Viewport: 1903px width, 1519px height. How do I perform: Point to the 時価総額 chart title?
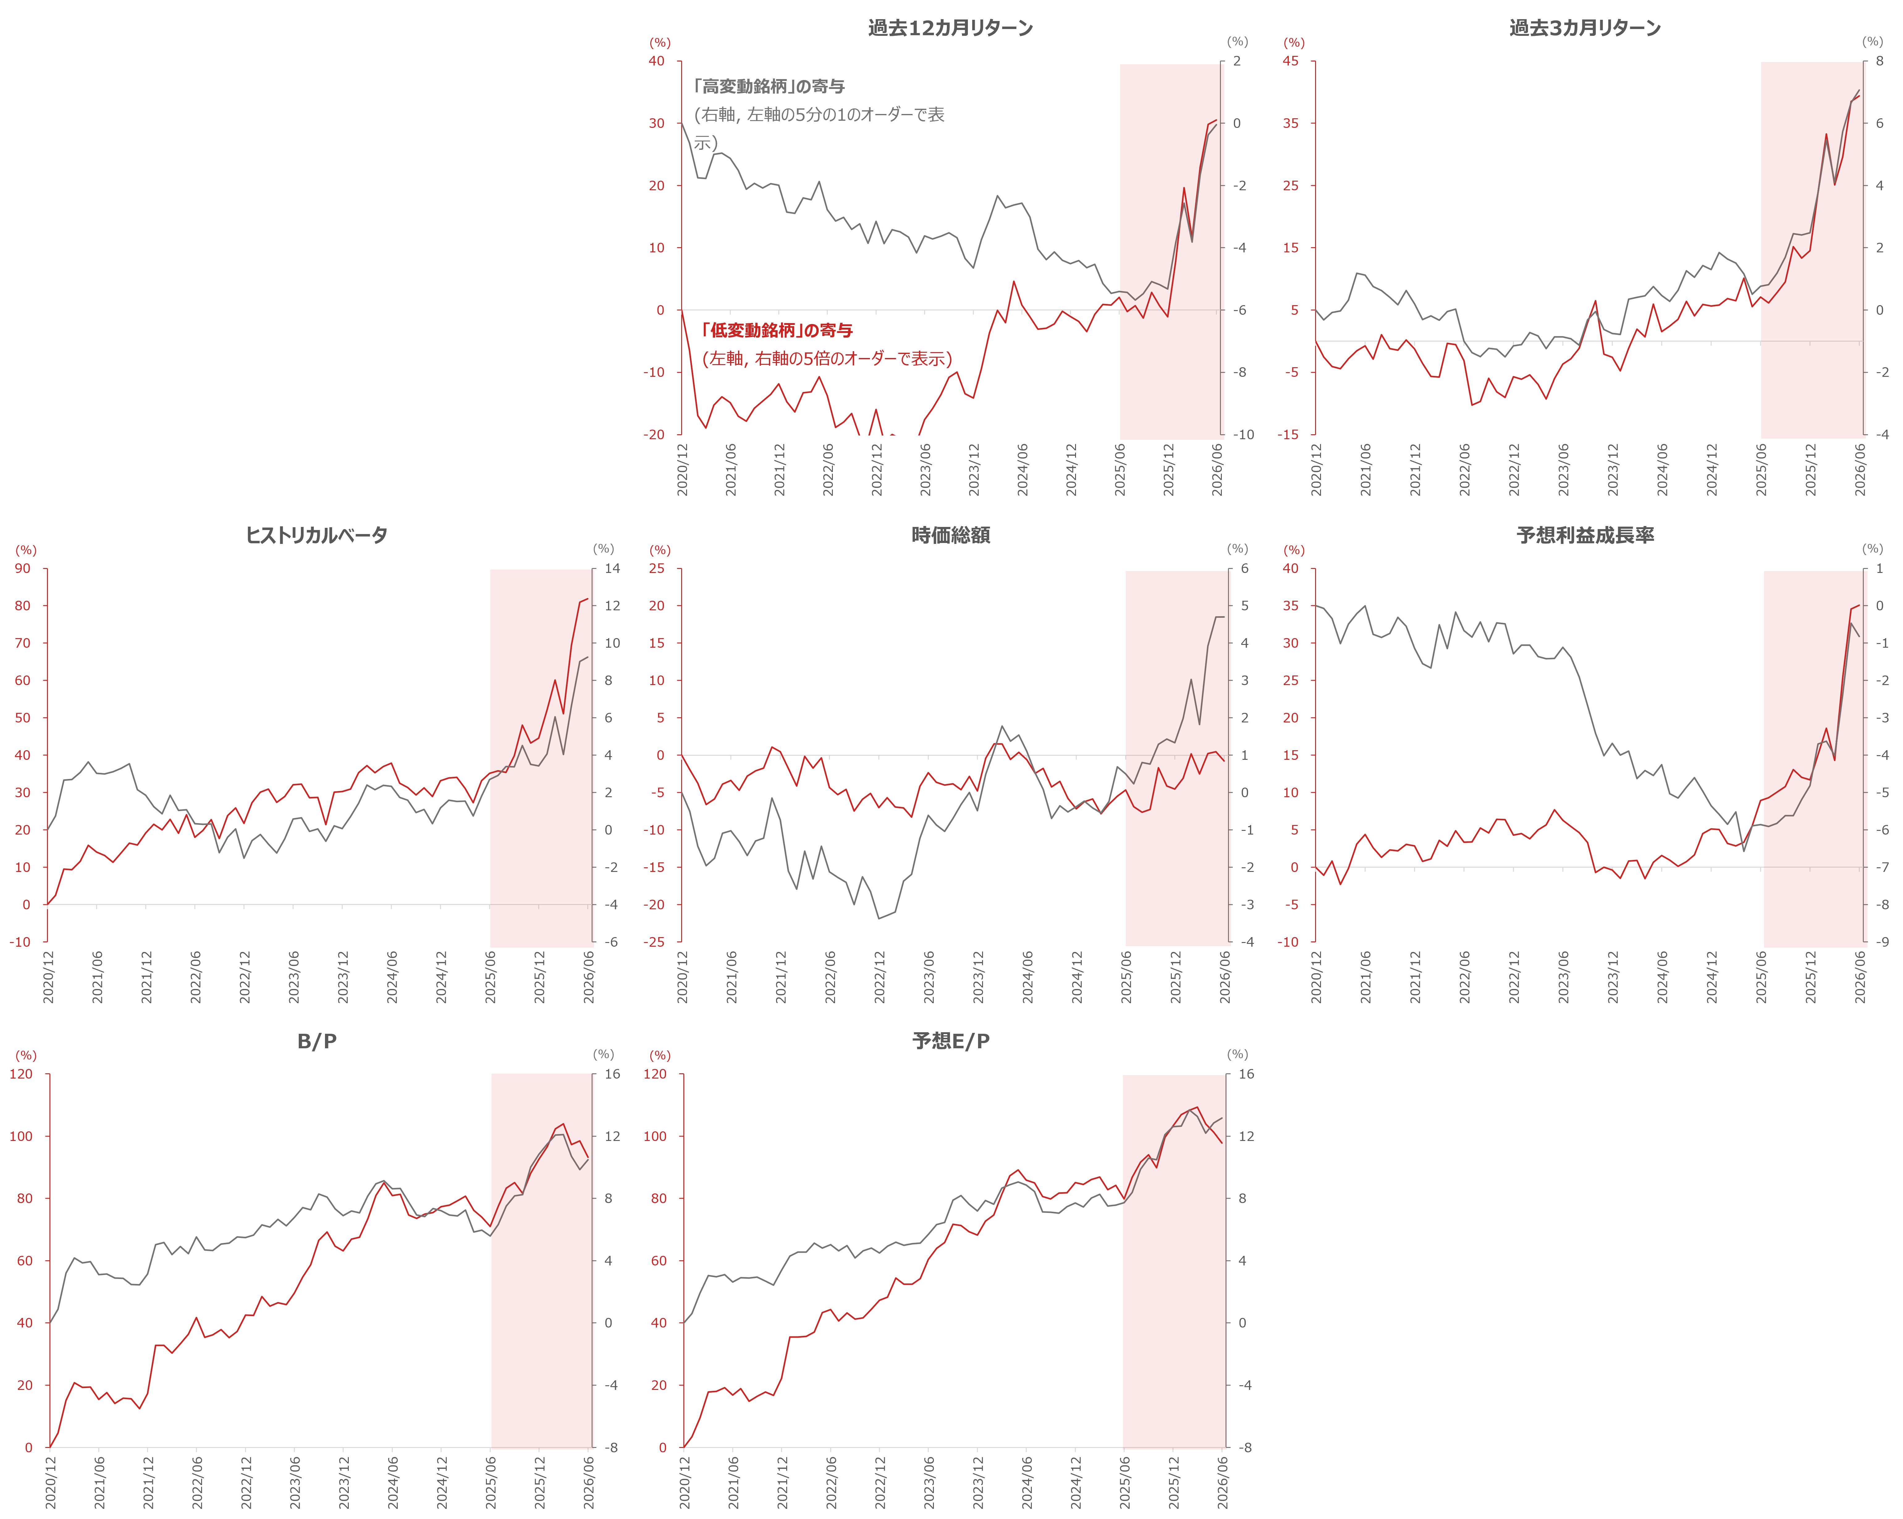tap(951, 535)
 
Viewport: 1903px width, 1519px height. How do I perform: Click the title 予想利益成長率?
tap(1585, 535)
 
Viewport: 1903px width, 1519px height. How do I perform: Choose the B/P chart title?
tap(317, 1041)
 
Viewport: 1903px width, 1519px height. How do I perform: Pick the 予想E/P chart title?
tap(951, 1041)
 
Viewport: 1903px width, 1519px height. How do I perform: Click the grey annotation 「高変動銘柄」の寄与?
tap(769, 86)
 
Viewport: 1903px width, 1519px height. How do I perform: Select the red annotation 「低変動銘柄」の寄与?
tap(777, 330)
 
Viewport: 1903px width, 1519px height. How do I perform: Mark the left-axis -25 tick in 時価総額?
tap(654, 942)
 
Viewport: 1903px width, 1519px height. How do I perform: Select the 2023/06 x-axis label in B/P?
tap(295, 1482)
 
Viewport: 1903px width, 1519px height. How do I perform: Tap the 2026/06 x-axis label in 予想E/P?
tap(1222, 1482)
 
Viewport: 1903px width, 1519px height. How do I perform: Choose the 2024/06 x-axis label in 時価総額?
tap(1027, 976)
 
